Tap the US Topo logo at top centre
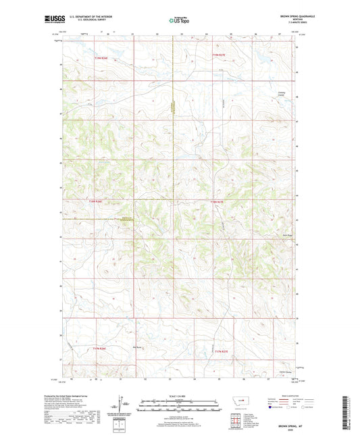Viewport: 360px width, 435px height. [180, 21]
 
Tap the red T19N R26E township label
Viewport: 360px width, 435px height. [101, 59]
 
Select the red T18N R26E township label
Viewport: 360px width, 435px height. [98, 201]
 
